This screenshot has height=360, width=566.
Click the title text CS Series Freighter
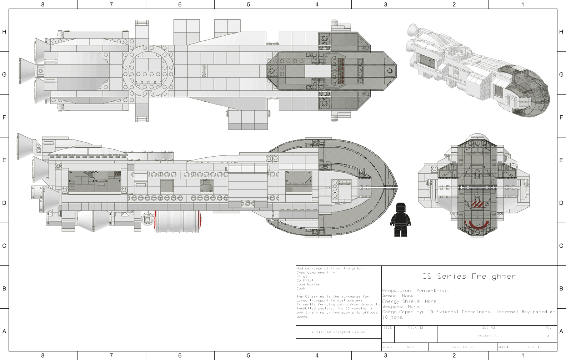[x=469, y=276]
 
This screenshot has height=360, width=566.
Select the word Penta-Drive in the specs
[x=432, y=290]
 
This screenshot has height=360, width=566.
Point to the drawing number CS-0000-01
[x=488, y=336]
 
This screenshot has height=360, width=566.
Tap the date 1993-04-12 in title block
[x=463, y=347]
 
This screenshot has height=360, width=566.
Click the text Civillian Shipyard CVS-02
[x=338, y=332]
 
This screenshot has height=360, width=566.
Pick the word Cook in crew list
[x=301, y=288]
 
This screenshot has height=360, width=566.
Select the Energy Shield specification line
[x=410, y=301]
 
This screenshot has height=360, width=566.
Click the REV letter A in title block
[x=548, y=336]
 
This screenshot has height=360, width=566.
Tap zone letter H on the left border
[x=4, y=32]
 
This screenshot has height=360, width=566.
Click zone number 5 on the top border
[x=249, y=4]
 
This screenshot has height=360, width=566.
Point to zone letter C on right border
[x=561, y=246]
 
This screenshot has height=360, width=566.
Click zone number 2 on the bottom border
[x=454, y=355]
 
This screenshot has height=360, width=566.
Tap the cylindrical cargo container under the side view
[x=177, y=221]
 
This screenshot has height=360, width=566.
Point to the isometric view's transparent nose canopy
[x=529, y=91]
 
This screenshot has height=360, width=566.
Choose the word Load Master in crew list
[x=308, y=284]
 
